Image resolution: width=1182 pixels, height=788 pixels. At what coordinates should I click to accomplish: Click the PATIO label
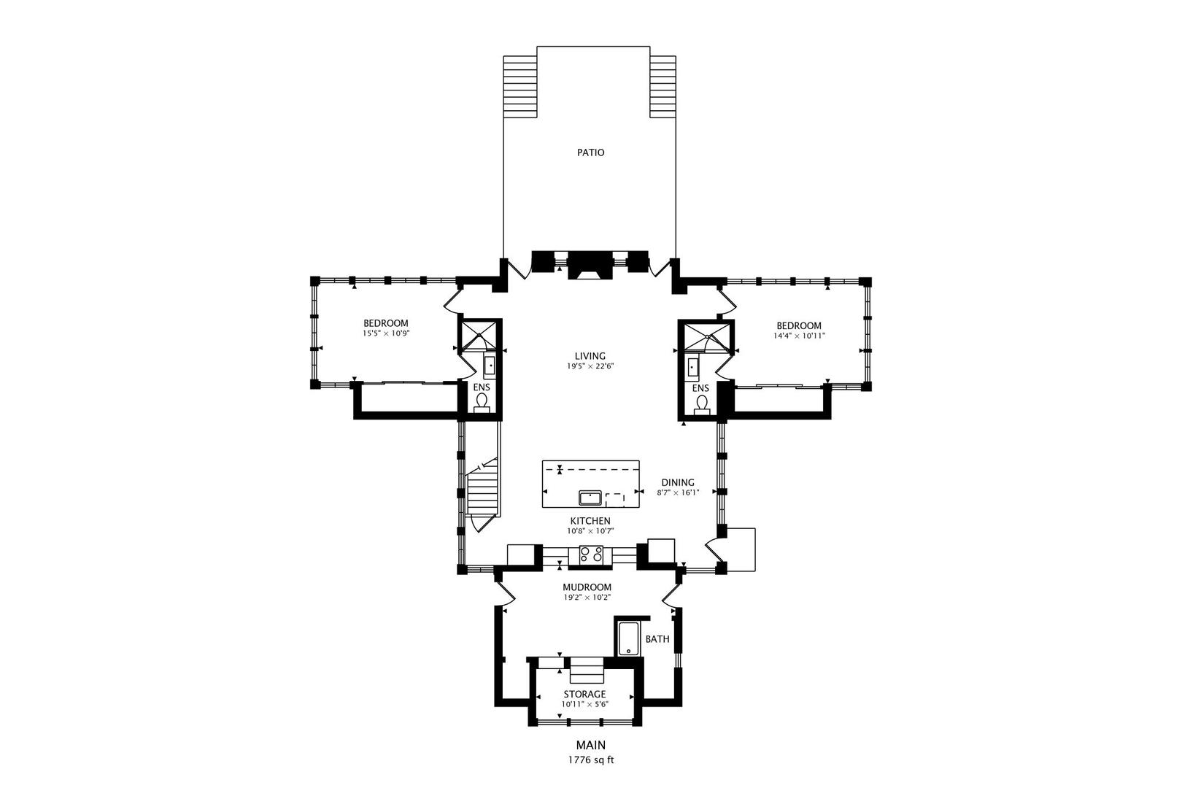pos(590,152)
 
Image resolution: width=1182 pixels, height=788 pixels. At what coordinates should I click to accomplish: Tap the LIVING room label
pos(590,356)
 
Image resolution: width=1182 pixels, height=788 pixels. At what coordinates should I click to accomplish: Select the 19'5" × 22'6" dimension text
pos(590,366)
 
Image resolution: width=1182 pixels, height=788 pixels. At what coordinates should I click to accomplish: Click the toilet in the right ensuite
pos(702,403)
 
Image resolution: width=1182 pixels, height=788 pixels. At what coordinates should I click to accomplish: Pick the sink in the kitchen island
pos(590,498)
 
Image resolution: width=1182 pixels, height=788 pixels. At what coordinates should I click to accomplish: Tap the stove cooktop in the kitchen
pos(591,555)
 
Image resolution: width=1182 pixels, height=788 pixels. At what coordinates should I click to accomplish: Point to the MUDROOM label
pos(587,587)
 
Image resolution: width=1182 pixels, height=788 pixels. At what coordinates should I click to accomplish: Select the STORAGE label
pos(584,694)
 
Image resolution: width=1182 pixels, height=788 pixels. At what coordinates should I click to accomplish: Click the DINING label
pos(678,482)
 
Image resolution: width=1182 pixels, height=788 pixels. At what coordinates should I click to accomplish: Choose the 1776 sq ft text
pos(591,760)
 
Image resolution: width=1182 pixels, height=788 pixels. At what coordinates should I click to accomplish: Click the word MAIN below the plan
pos(591,745)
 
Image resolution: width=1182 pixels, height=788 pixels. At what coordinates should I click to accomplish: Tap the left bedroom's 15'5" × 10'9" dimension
pos(386,333)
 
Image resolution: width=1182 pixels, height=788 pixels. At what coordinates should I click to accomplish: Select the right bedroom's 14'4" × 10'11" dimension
pos(799,336)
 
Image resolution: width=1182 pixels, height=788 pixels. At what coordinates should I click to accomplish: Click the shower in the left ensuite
pos(479,336)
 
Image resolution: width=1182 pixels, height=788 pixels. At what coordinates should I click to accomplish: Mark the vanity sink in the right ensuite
pos(693,367)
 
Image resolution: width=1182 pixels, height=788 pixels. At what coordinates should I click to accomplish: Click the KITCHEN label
pos(590,521)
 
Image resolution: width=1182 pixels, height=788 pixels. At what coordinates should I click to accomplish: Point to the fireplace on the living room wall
pos(590,266)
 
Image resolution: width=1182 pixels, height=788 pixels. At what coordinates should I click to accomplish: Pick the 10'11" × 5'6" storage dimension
pos(585,704)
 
